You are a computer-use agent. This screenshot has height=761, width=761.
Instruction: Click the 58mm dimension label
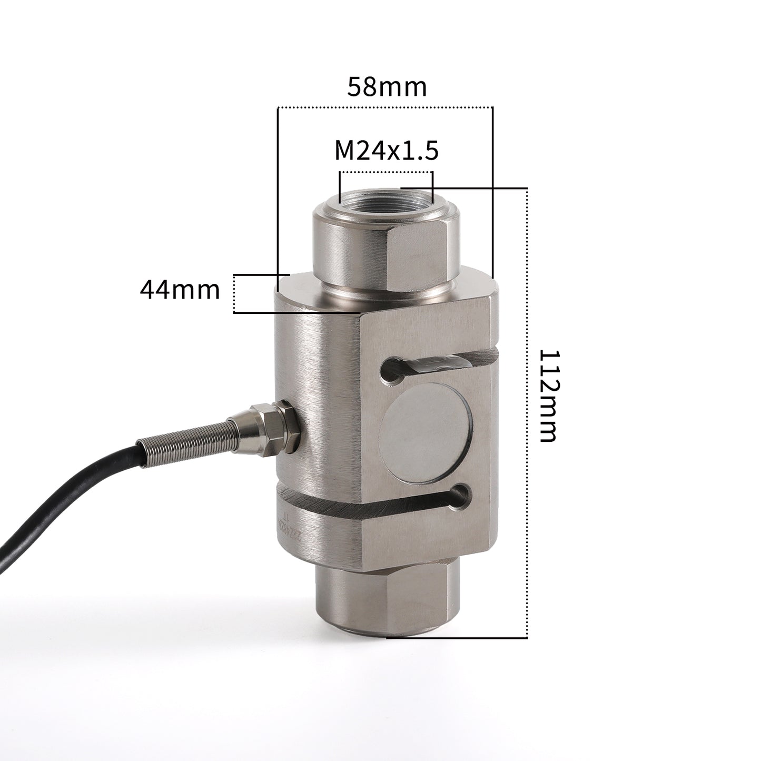click(386, 87)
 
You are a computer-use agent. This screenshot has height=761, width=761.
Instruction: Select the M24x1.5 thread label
click(386, 151)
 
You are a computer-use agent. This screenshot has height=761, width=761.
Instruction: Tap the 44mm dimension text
click(180, 290)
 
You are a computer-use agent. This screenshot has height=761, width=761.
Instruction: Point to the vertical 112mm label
click(547, 395)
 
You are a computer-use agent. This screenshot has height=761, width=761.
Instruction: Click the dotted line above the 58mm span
click(384, 108)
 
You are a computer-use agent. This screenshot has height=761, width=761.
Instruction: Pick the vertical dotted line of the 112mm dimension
click(527, 411)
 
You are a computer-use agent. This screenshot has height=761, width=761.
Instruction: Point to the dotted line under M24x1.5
click(386, 172)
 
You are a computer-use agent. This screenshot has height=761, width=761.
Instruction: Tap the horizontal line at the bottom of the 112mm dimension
click(458, 638)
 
